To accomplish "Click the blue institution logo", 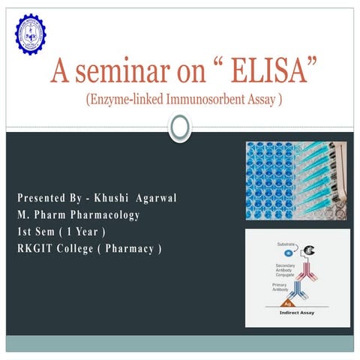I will (x=31, y=34).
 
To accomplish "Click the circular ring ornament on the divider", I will (x=180, y=128).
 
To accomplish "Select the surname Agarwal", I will (x=160, y=199).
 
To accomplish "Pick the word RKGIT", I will (x=37, y=248).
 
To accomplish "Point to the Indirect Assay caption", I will (x=297, y=313).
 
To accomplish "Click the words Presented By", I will (x=46, y=199).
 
